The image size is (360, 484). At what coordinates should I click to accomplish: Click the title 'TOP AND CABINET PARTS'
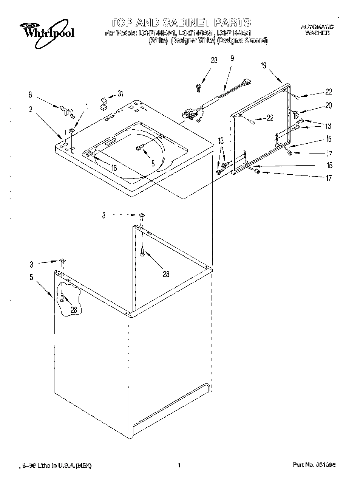(x=180, y=22)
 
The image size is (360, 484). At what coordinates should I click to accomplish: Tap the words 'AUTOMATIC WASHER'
(x=317, y=30)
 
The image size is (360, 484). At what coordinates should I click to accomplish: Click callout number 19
(x=263, y=66)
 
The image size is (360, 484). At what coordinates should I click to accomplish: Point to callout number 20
(x=328, y=106)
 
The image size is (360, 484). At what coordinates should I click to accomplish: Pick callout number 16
(x=329, y=139)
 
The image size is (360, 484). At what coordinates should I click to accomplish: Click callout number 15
(x=329, y=165)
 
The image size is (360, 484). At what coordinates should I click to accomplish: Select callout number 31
(x=120, y=94)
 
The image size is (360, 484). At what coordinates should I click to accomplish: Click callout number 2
(x=31, y=110)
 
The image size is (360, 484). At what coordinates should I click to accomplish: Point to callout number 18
(x=114, y=168)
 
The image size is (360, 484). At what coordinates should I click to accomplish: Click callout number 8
(x=153, y=163)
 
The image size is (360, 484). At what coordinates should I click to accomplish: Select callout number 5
(x=31, y=277)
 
